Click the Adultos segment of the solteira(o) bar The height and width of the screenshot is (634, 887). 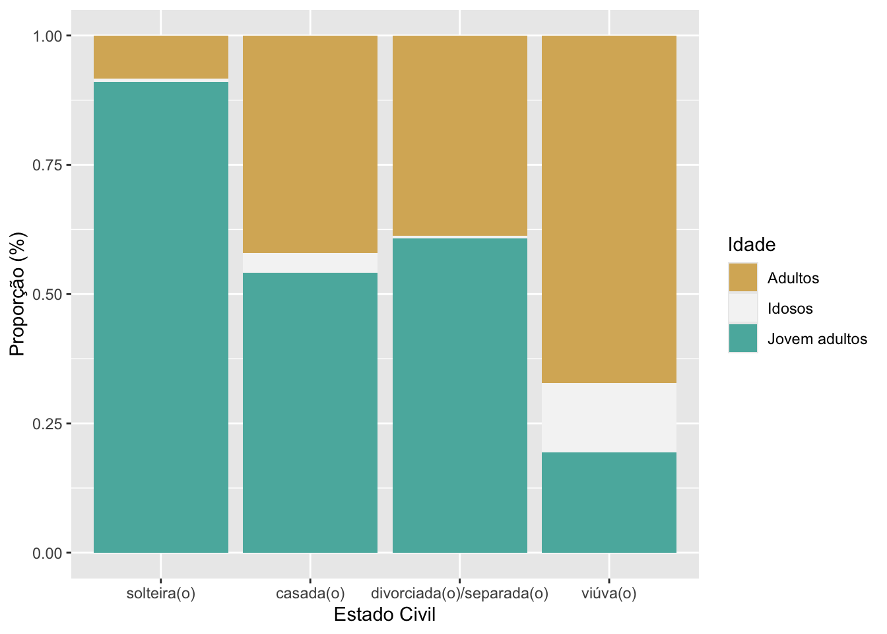pos(161,57)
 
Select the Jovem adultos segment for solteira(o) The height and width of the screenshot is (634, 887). pos(161,317)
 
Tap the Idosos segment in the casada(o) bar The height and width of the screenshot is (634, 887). pos(310,263)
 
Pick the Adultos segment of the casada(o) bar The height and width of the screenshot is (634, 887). pos(310,144)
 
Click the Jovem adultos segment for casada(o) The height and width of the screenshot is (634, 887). pos(310,413)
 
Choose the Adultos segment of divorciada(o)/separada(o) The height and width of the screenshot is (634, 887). pos(460,135)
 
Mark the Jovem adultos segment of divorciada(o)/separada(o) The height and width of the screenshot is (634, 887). pos(460,395)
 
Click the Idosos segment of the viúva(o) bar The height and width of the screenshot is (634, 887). pos(609,417)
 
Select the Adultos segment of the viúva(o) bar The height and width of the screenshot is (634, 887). pos(609,209)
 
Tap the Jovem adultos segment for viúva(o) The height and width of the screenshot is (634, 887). pos(609,503)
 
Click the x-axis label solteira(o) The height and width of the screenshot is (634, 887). pos(161,593)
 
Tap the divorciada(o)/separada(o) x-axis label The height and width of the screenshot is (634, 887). pos(460,593)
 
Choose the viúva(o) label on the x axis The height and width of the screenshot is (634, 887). pos(609,593)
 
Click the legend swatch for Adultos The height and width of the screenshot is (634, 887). pos(743,277)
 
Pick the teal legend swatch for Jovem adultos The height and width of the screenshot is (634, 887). pos(743,338)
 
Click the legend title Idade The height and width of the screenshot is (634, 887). pos(752,245)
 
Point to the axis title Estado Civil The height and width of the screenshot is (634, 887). pos(385,615)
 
